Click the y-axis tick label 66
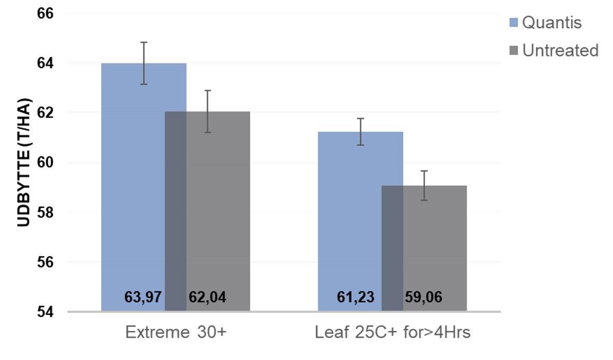pos(45,13)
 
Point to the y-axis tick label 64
pos(45,63)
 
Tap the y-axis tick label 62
pos(45,113)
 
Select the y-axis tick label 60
pos(45,162)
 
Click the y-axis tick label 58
pos(45,212)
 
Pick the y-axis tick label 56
pos(45,262)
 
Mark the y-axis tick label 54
pos(45,312)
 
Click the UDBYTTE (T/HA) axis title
pos(24,162)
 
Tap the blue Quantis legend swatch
pos(514,22)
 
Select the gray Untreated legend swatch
pos(514,50)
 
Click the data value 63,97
pos(143,297)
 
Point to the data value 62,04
pos(207,297)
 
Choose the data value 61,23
pos(356,297)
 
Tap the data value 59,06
pos(424,297)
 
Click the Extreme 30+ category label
pos(176,332)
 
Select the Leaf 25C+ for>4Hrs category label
pos(392,332)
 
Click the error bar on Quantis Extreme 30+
pos(144,63)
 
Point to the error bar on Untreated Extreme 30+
pos(208,112)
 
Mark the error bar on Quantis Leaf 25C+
pos(360,132)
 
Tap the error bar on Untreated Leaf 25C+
pos(424,186)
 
